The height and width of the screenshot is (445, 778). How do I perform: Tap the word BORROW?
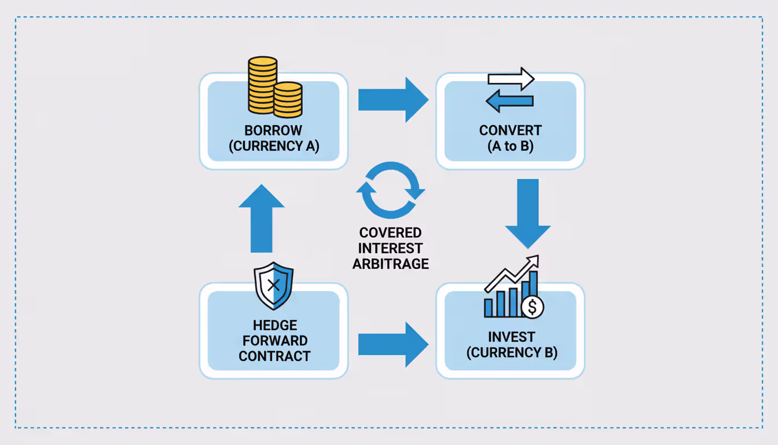(274, 130)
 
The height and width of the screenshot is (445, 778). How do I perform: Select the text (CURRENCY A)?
(274, 146)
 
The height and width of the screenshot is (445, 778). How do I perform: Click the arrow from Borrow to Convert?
(392, 99)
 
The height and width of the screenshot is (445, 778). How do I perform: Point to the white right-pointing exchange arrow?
(511, 79)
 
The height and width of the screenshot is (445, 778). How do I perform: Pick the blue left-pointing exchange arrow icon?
(509, 101)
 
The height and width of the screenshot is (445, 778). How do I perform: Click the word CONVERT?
(510, 130)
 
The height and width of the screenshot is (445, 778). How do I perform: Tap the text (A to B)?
(510, 146)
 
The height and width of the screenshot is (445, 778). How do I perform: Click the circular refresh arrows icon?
(390, 190)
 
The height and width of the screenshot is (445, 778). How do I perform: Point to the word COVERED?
(390, 233)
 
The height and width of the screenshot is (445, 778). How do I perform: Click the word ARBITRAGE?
(390, 264)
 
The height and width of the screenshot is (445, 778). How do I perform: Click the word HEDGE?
(274, 326)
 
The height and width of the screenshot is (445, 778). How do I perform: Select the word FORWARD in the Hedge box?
(274, 341)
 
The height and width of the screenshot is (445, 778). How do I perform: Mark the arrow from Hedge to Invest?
(392, 344)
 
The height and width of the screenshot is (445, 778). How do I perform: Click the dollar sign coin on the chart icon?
(532, 308)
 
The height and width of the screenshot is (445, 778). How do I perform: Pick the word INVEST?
(511, 337)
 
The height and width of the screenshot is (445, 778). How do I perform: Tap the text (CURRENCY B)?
(511, 352)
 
